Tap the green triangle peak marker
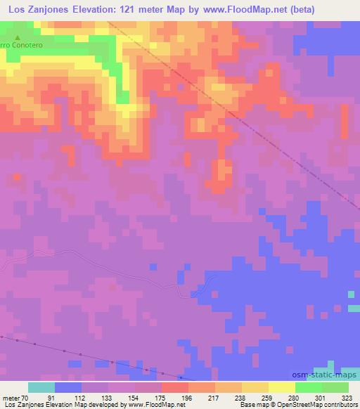[x=18, y=37]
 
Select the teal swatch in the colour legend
[x=41, y=387]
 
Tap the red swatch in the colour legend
[x=174, y=387]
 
